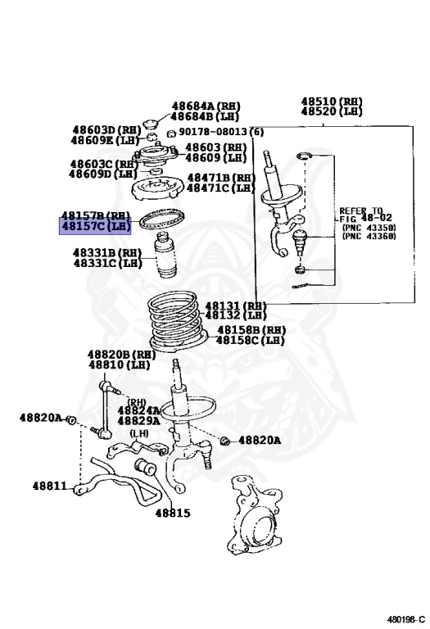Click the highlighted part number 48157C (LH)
click(95, 226)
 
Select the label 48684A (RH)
click(206, 106)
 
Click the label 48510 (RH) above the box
click(332, 102)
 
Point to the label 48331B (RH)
click(107, 252)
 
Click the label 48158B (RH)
click(251, 329)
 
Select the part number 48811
click(50, 486)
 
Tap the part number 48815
click(172, 514)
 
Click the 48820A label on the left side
click(40, 418)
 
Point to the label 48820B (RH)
click(121, 355)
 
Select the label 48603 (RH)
click(215, 147)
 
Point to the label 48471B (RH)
click(221, 178)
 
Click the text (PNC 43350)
click(369, 228)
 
